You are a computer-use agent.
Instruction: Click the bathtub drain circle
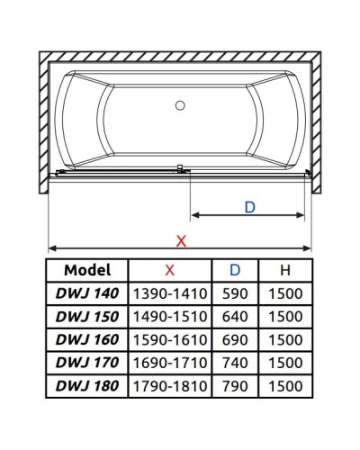point(180,106)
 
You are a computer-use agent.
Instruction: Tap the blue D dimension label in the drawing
point(250,206)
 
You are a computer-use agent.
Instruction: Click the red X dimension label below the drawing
point(181,240)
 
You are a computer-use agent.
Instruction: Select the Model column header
point(87,270)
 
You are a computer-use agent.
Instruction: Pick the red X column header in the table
point(170,270)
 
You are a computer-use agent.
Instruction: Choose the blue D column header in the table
point(235,270)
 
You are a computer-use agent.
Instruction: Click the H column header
point(285,270)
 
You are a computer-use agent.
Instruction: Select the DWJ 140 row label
point(87,293)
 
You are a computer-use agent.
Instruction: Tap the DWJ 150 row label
point(87,317)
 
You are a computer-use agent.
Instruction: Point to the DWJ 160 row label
point(87,340)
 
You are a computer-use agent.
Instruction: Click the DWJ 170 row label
point(87,364)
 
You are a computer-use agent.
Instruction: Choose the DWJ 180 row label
point(87,387)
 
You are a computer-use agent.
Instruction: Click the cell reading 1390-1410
point(170,293)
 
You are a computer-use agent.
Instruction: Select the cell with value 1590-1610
point(170,340)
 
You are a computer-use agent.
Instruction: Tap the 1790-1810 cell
point(170,387)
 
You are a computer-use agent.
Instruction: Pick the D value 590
point(235,293)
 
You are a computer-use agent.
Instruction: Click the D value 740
point(235,364)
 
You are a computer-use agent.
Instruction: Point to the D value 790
point(235,387)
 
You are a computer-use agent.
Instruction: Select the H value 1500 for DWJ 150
point(285,317)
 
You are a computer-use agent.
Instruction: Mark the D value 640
point(235,317)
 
